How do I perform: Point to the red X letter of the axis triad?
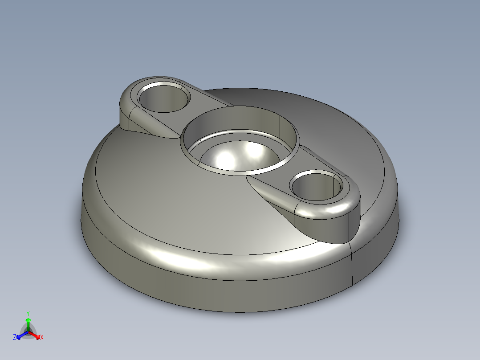[41, 337]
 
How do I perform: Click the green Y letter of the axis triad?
[28, 313]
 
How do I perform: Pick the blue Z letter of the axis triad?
[15, 337]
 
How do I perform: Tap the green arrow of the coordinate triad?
[28, 322]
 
